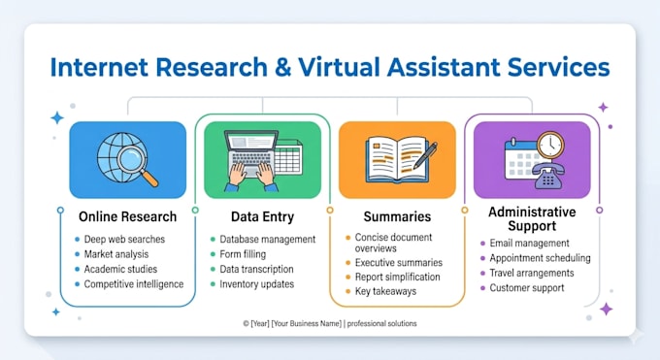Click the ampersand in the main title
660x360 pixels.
point(282,67)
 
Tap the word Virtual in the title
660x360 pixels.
point(340,67)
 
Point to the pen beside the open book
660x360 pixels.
point(425,155)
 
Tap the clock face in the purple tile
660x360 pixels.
point(549,146)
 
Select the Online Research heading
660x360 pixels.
point(127,216)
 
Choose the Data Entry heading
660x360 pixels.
point(262,216)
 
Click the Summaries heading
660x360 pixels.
point(397,216)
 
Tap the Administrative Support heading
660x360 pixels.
point(532,218)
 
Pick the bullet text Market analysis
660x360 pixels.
point(116,254)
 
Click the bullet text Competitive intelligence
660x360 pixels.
point(134,284)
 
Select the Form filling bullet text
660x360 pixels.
point(243,254)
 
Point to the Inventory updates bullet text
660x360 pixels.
point(257,284)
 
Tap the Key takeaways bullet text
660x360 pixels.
point(385,291)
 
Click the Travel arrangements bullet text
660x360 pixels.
point(532,273)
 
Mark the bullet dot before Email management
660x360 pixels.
point(482,244)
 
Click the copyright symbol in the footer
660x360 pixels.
point(246,323)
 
